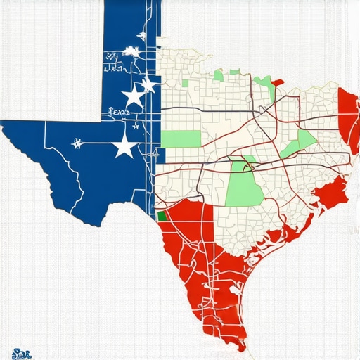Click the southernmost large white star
(125, 146)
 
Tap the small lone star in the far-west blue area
(76, 143)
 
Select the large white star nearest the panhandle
(132, 96)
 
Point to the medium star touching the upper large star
(148, 86)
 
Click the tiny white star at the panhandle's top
(143, 36)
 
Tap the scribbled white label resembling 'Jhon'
(115, 69)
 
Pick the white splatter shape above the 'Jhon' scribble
(131, 51)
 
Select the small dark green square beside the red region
(162, 217)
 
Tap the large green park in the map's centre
(240, 184)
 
